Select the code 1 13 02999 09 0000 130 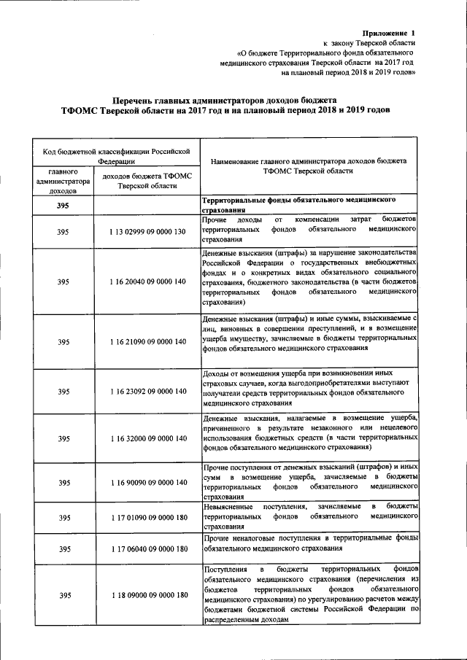tap(146, 230)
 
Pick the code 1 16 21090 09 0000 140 tap(146, 341)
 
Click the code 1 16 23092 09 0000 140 tap(146, 392)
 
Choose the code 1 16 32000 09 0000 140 tap(146, 438)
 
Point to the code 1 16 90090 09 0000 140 tap(146, 483)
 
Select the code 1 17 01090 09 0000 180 tap(146, 517)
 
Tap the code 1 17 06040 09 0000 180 tap(146, 549)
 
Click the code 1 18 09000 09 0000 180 tap(146, 596)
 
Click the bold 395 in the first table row tap(63, 206)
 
